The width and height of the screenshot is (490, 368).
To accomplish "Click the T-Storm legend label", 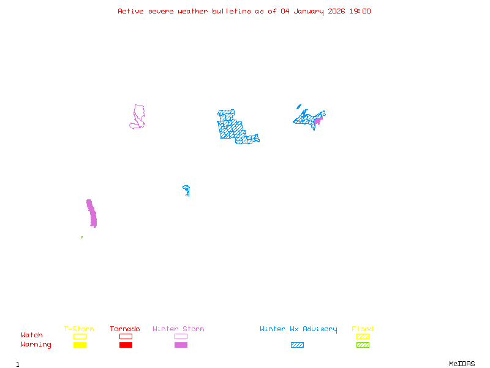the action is coord(79,329).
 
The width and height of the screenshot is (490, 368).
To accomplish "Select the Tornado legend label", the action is coord(125,329).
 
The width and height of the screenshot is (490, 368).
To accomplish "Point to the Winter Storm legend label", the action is coord(178,329).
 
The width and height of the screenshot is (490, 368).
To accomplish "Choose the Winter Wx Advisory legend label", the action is coord(298,329).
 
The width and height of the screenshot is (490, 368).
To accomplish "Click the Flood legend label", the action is coord(363,329).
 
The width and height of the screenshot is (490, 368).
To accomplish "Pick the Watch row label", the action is coord(32,335).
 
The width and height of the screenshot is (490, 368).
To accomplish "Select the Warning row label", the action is coord(36,345).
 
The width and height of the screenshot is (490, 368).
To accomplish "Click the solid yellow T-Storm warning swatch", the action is coord(80,345).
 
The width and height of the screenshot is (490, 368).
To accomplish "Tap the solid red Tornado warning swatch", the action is coord(126,345).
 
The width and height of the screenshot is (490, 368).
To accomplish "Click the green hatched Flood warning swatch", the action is coord(363,345).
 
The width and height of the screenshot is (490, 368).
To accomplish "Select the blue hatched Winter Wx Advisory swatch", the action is coord(297,345).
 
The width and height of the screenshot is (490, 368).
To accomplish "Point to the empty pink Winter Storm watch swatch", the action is coord(181,336).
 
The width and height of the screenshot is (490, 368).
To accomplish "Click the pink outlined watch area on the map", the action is coord(138,117).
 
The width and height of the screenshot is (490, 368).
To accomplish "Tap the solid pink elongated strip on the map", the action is coord(91,213).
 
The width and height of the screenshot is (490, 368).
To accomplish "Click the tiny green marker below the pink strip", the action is coord(81,237).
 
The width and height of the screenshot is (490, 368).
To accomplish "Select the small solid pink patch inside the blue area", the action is coord(317,121).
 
